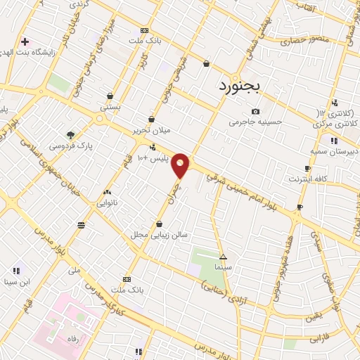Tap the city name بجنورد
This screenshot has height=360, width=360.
(x=236, y=87)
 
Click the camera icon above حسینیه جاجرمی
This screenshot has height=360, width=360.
(x=255, y=111)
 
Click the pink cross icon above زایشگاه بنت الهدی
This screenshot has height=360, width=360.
(x=26, y=41)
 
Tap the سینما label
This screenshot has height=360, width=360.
(x=224, y=268)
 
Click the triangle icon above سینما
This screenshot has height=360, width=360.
(x=224, y=257)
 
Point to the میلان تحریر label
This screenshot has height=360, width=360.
(x=150, y=131)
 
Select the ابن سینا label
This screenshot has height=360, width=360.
(x=17, y=282)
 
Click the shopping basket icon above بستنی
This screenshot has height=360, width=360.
(x=110, y=96)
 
